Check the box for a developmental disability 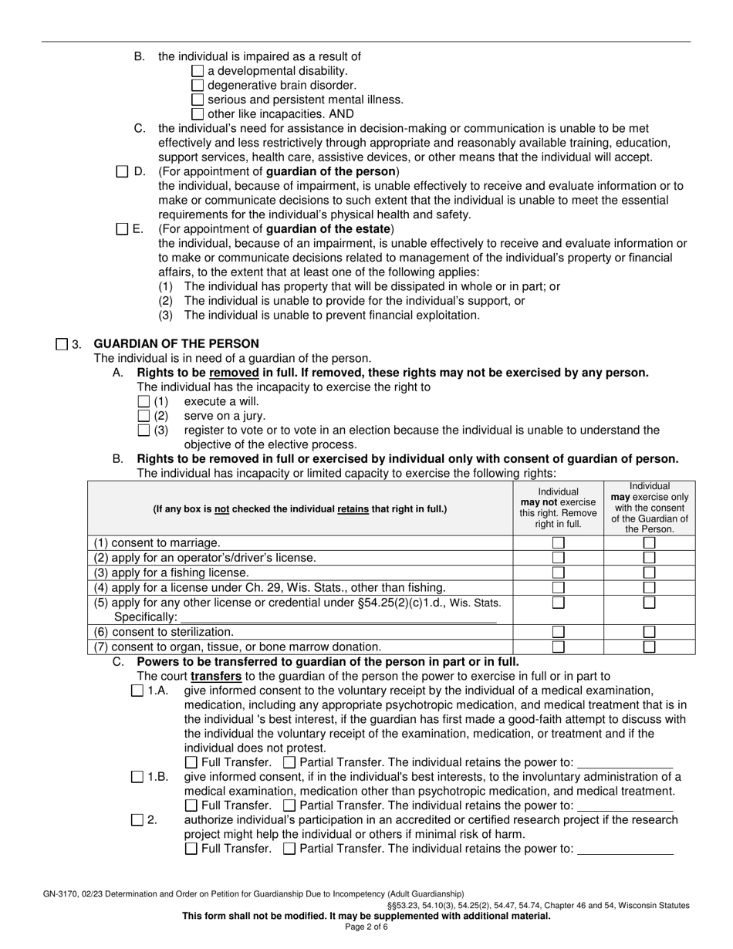(x=198, y=71)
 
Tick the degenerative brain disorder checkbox (x=198, y=86)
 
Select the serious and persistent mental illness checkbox (x=198, y=100)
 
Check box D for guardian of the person (x=122, y=171)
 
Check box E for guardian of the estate (x=122, y=229)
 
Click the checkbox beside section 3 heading (x=62, y=344)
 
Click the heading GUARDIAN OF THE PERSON (x=176, y=343)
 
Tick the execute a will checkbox (x=144, y=401)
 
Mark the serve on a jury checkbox (x=144, y=416)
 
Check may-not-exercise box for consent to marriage (x=558, y=543)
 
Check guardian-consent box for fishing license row (x=650, y=572)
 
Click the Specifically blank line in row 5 (x=337, y=617)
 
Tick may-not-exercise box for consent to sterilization (x=558, y=632)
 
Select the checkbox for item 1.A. (x=137, y=691)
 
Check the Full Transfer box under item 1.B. (x=191, y=805)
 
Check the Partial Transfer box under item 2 (x=289, y=849)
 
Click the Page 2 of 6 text (x=366, y=927)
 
